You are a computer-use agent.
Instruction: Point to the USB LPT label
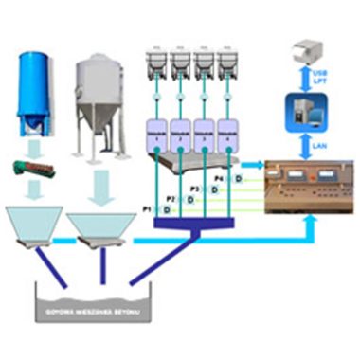331,75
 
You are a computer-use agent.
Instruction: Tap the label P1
148,207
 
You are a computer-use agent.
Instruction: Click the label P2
171,198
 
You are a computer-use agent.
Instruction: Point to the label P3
194,189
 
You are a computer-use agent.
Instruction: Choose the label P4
219,178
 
